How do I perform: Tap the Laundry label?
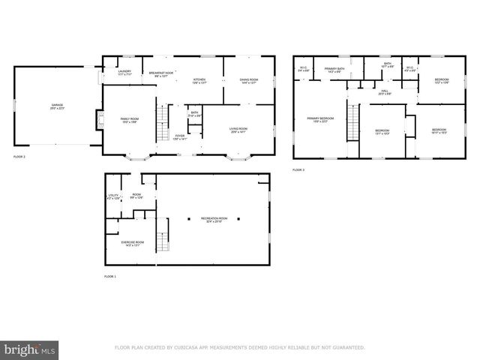125,73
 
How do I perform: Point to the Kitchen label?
199,81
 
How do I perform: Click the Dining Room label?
248,81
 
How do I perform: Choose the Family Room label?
130,120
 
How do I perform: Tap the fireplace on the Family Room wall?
98,120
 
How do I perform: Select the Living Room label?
238,130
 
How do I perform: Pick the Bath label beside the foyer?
193,115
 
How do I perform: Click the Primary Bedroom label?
317,120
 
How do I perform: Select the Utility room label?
113,197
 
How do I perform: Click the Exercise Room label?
132,244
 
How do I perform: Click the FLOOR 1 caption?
109,277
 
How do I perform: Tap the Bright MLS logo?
30,349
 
